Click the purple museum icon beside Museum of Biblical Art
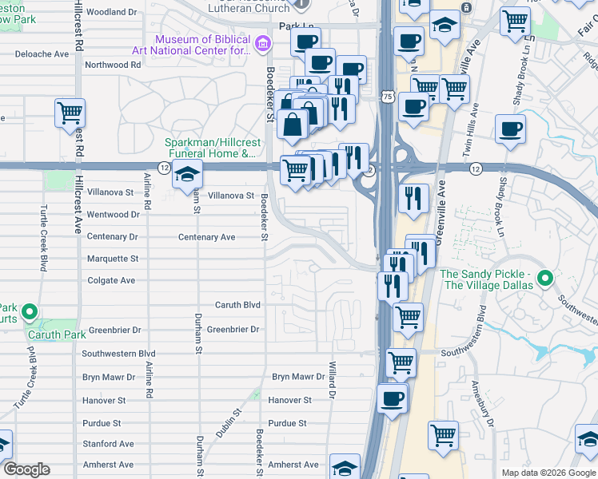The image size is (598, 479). coord(263,42)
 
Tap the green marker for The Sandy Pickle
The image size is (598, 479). coord(546,279)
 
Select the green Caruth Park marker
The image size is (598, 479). coord(30,312)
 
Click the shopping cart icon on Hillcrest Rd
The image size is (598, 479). coord(70,113)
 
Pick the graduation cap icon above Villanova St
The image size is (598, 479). coord(187,174)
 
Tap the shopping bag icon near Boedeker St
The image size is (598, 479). coord(293,124)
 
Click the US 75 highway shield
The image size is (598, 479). coord(387,96)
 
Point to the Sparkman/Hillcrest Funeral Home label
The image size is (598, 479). coord(211,148)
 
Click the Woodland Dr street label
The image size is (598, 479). coord(111,12)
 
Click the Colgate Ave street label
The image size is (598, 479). coord(111,280)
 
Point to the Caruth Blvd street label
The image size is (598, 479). coord(238,305)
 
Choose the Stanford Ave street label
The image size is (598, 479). coord(109,444)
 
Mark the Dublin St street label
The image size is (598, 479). coord(226,424)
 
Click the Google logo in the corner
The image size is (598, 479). coord(26,469)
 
